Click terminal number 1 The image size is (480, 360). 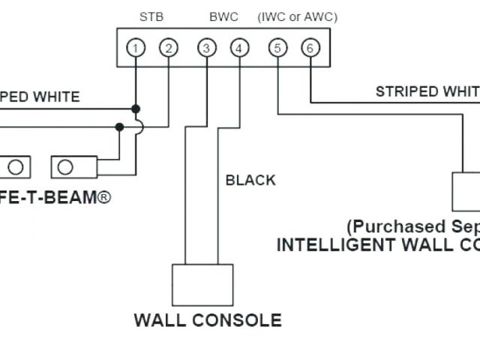click(x=136, y=49)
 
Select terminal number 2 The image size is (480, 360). click(x=169, y=49)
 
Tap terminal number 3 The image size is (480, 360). click(x=206, y=49)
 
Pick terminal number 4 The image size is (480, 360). click(x=239, y=49)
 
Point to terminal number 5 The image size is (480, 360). click(x=277, y=49)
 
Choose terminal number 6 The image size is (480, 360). click(x=310, y=49)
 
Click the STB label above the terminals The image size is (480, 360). click(x=152, y=15)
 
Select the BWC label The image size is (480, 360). click(x=223, y=15)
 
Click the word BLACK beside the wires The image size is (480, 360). click(x=250, y=180)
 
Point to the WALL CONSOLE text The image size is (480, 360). click(x=208, y=320)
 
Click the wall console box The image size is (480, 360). click(x=197, y=284)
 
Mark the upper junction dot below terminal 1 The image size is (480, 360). click(x=136, y=109)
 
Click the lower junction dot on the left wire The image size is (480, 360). click(x=119, y=127)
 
